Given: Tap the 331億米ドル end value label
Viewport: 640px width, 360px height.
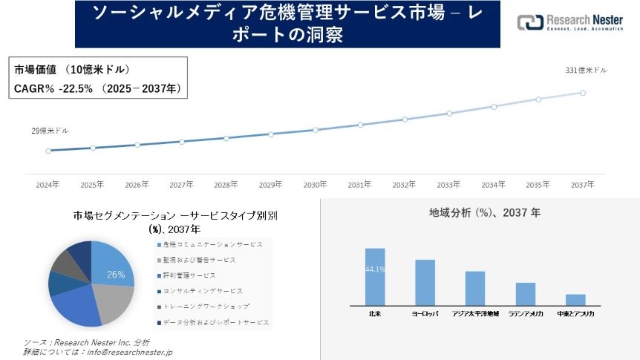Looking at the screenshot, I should pos(586,71).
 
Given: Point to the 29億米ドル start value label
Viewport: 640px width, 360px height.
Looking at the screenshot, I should pos(50,131).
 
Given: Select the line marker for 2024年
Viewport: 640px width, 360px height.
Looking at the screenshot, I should pos(48,151).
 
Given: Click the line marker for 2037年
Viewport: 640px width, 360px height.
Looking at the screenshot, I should pos(583,93).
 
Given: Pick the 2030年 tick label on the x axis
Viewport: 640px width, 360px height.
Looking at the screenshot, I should pos(315,184).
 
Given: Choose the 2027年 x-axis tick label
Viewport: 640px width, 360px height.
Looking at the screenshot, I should pos(181,184).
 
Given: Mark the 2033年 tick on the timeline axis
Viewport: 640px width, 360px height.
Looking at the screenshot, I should pos(448,184).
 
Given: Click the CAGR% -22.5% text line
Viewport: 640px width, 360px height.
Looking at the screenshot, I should pos(96,88).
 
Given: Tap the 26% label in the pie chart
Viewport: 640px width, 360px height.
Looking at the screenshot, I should pos(116,274).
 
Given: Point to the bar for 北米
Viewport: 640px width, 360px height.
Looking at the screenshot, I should pos(375,276).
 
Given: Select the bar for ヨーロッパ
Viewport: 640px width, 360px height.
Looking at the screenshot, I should pos(425,282).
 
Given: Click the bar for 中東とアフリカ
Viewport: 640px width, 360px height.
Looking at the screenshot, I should pos(575,299).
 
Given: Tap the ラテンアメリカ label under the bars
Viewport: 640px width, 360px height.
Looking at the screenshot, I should pos(526,315).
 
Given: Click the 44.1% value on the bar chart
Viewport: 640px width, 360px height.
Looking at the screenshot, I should pos(375,269).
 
